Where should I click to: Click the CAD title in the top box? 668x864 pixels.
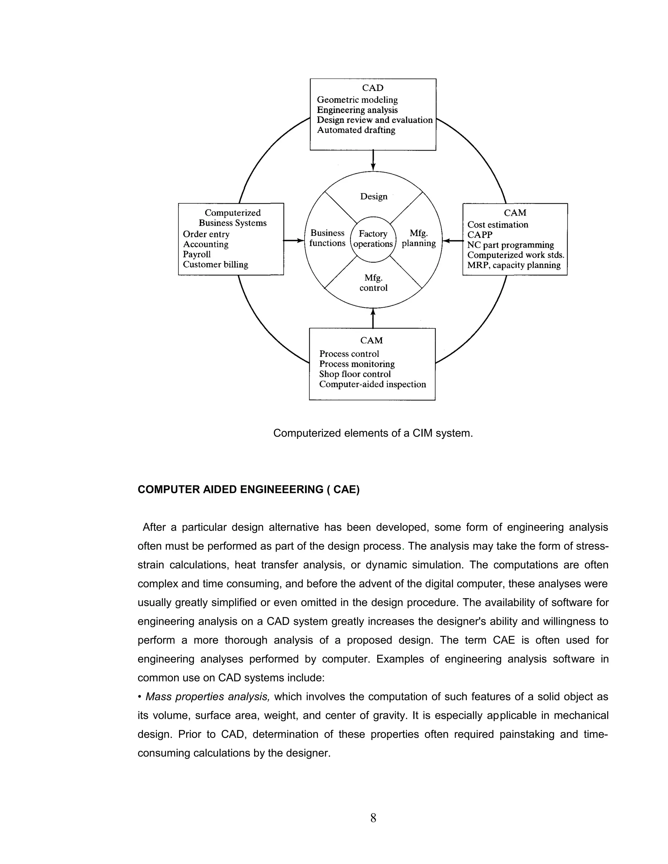click(x=372, y=88)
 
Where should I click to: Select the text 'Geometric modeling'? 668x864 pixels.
click(x=357, y=100)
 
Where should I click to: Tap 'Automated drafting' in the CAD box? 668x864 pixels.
click(x=356, y=130)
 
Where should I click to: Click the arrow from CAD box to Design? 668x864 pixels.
click(x=373, y=160)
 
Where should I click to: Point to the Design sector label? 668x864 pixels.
click(x=373, y=197)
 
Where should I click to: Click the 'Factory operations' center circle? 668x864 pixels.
click(x=373, y=239)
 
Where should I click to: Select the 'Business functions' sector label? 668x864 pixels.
click(x=327, y=238)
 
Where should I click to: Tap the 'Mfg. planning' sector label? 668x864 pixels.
click(x=419, y=238)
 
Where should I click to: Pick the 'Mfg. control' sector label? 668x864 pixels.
click(x=373, y=283)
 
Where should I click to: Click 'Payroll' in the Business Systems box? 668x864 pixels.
click(x=197, y=254)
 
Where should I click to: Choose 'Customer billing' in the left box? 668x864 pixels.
click(x=215, y=265)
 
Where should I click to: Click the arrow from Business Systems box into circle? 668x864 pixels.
click(x=294, y=240)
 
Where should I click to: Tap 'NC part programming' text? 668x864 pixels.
click(x=510, y=245)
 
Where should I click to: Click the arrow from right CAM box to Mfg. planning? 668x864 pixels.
click(x=453, y=240)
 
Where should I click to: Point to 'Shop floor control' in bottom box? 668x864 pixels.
click(x=355, y=374)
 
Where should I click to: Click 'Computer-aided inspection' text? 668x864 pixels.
click(x=372, y=384)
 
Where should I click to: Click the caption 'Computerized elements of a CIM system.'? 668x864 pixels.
click(x=373, y=433)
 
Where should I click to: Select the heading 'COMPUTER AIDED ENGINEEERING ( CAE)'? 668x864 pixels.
click(x=249, y=490)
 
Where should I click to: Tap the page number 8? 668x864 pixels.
click(x=373, y=818)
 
